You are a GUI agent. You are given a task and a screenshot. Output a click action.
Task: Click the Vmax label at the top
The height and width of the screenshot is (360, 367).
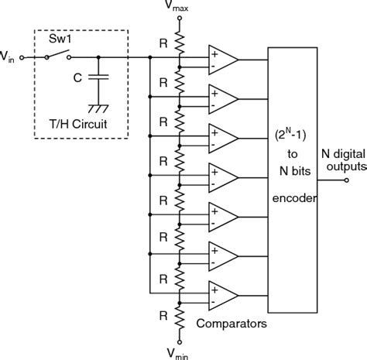click(180, 8)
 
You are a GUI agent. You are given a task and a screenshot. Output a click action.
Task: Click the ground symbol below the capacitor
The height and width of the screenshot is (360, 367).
click(98, 108)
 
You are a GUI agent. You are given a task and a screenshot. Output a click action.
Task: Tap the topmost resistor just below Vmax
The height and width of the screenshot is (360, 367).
click(180, 39)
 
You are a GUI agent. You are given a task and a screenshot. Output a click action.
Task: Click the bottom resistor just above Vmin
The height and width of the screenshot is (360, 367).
click(180, 317)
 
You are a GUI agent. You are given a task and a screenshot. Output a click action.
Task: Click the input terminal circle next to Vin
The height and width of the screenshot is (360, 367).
click(22, 57)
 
